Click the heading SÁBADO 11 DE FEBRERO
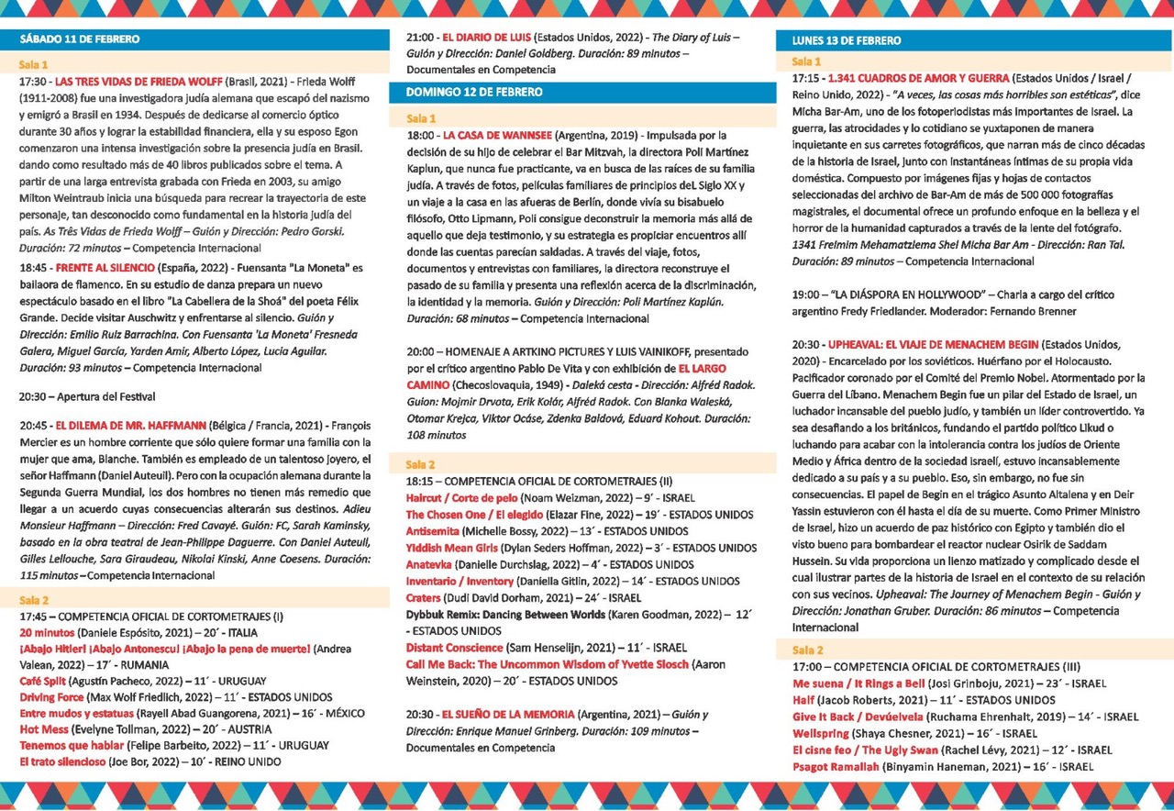(80, 40)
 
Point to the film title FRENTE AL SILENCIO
(106, 268)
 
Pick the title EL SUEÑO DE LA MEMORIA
(508, 714)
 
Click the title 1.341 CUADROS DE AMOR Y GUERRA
(918, 78)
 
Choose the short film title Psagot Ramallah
(835, 766)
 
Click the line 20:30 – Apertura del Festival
(87, 396)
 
